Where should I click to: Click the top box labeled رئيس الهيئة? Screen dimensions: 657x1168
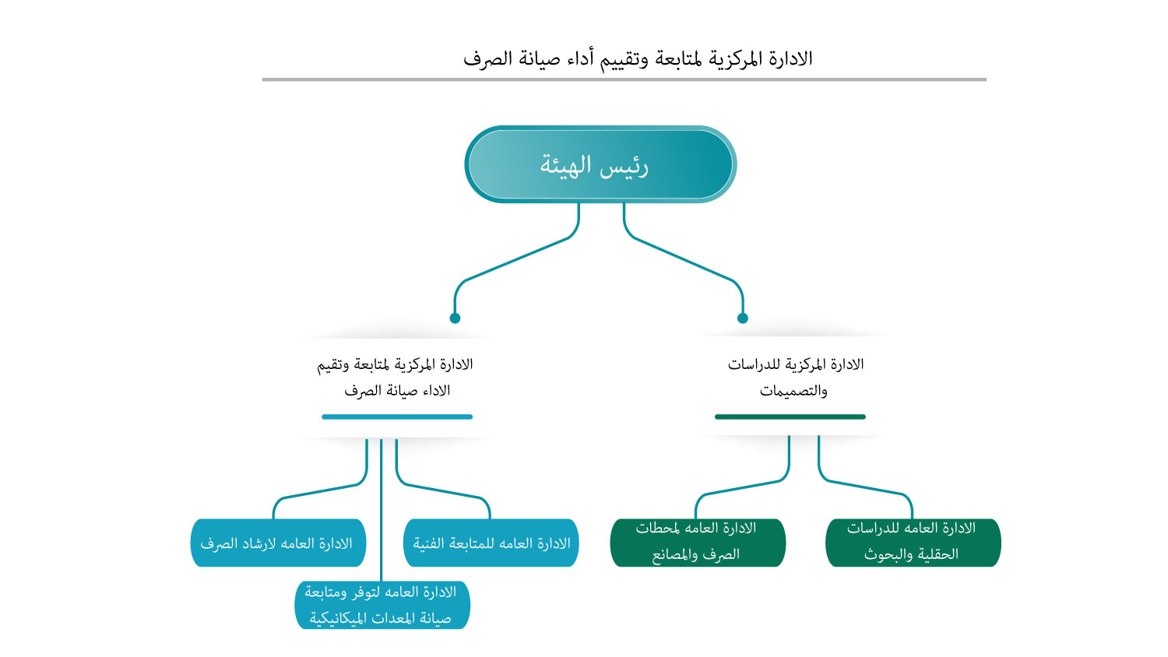coord(600,164)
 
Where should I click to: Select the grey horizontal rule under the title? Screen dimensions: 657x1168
coord(624,79)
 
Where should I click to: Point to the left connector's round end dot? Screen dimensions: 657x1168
coord(455,318)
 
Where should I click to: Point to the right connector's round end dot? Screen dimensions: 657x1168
coord(743,318)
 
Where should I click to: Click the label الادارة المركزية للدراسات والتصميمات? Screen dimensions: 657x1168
coord(795,377)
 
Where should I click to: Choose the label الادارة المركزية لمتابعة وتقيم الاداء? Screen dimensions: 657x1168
coord(396,377)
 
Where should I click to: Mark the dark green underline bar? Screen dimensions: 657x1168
coord(790,416)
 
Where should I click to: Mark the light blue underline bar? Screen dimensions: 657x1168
coord(397,416)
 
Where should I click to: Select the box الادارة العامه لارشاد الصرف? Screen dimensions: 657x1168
coord(277,543)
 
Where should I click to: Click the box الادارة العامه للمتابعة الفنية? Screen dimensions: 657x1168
coord(491,543)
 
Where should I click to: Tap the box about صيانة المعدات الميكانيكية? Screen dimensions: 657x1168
coord(382,605)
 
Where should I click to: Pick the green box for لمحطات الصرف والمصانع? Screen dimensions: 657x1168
coord(697,542)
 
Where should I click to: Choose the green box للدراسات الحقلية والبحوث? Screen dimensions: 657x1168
coord(913,542)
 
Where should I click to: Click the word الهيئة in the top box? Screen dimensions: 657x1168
coord(566,165)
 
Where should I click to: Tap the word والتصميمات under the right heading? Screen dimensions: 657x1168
coord(793,391)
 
